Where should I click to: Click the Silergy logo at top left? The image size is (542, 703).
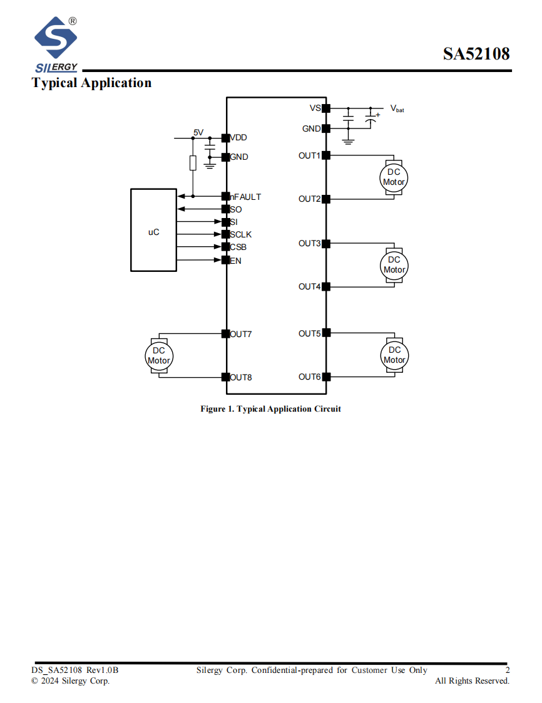[x=56, y=44]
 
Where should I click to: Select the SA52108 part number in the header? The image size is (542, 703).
[x=476, y=54]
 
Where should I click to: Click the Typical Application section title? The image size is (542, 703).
[x=91, y=83]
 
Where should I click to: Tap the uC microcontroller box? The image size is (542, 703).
[x=153, y=230]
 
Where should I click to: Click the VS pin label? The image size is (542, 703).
[x=315, y=108]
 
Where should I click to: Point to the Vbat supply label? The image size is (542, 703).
[x=397, y=108]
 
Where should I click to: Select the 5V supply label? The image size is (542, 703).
[x=198, y=132]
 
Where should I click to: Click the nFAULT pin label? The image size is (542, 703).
[x=245, y=197]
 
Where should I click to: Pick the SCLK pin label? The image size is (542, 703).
[x=241, y=234]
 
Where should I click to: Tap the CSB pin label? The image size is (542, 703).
[x=238, y=247]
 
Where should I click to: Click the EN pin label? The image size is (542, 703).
[x=235, y=261]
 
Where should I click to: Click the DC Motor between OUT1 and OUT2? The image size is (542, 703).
[x=394, y=177]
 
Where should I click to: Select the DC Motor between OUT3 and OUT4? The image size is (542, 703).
[x=394, y=266]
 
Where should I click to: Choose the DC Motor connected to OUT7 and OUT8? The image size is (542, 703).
[x=159, y=356]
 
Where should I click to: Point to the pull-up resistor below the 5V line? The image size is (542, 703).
[x=193, y=163]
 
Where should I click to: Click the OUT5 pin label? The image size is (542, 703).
[x=310, y=333]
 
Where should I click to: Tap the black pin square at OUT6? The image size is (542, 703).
[x=326, y=377]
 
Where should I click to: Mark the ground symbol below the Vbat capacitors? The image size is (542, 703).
[x=348, y=141]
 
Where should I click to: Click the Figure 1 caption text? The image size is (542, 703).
[x=270, y=409]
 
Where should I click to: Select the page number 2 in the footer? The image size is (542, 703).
[x=508, y=670]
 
